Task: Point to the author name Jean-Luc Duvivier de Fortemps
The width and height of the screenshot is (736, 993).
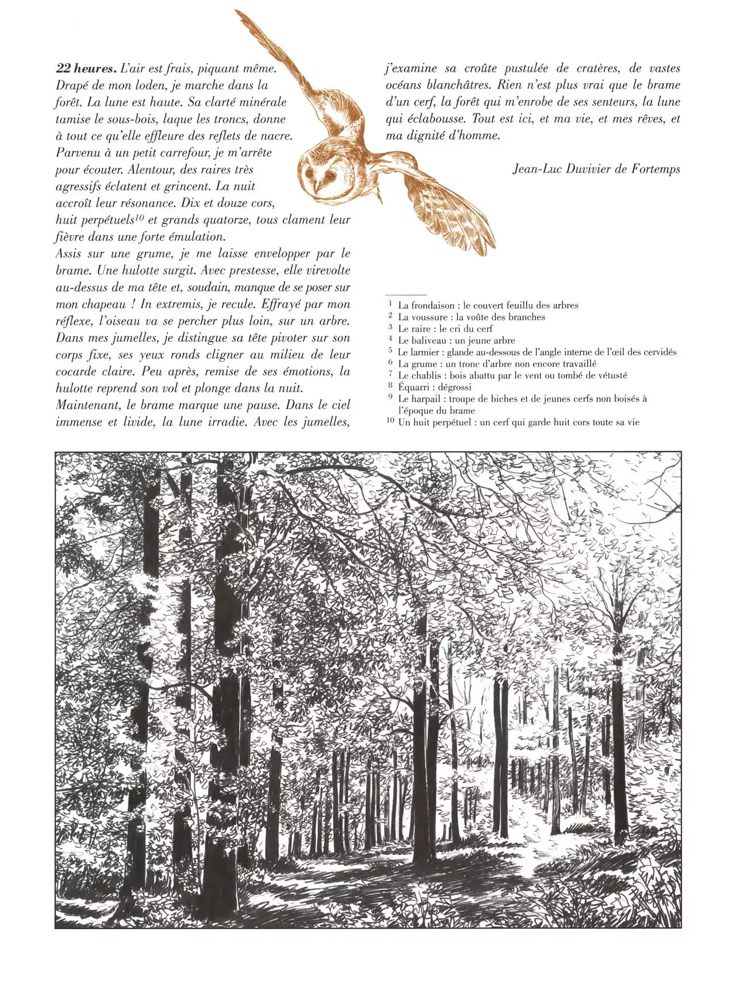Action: (x=596, y=169)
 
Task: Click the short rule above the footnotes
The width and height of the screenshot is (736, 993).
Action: (x=406, y=294)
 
